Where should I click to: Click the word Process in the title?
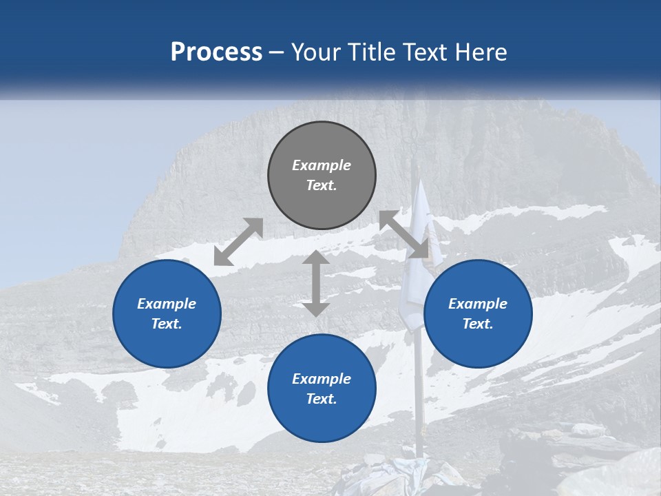(216, 52)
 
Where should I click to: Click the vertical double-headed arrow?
(316, 284)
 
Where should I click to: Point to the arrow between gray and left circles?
(238, 242)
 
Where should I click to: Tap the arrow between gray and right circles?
(404, 234)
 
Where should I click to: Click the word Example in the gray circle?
(322, 165)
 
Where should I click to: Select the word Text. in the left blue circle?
(167, 324)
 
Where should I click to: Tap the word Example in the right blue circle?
(478, 304)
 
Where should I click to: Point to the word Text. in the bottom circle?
(322, 399)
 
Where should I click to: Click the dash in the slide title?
(277, 52)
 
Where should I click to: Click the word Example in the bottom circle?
(322, 379)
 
